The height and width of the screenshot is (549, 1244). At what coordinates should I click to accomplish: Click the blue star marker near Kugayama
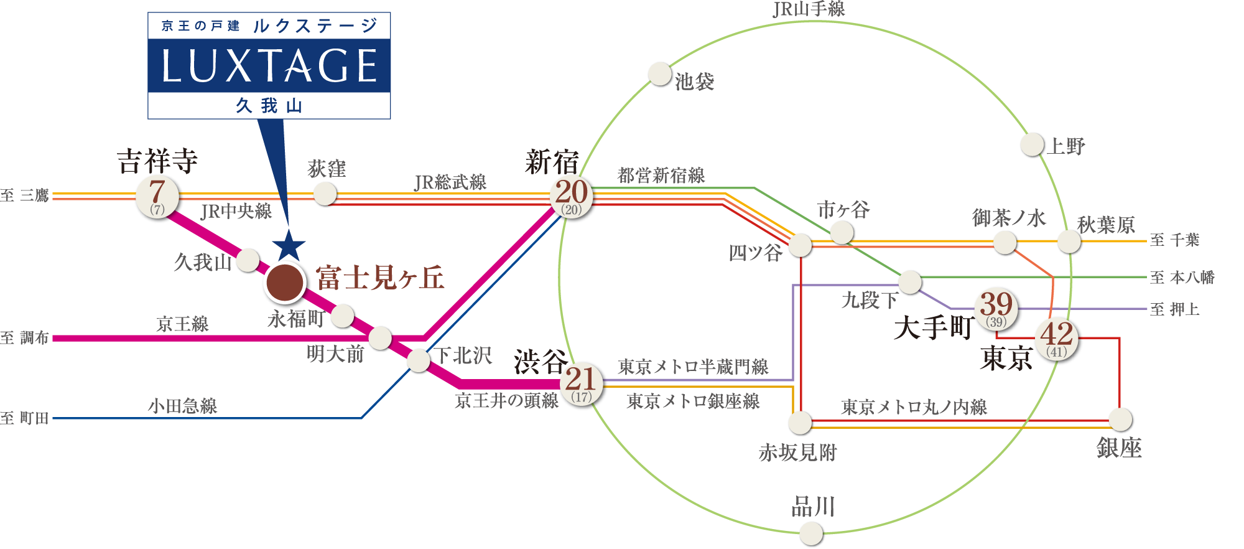point(289,245)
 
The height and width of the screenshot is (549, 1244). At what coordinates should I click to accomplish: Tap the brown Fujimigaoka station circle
point(284,282)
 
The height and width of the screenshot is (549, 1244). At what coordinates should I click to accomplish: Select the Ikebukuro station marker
point(660,74)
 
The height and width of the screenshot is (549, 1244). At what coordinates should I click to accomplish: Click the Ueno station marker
point(1033,145)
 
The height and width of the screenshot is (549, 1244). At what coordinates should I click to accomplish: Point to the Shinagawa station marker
point(811,533)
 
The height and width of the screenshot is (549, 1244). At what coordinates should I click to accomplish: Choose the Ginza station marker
point(1120,420)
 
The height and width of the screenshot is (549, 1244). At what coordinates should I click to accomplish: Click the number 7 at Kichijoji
point(157,190)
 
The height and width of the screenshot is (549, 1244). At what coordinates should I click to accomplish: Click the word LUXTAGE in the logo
point(269,66)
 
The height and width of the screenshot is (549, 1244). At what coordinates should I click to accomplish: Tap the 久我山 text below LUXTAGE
point(269,106)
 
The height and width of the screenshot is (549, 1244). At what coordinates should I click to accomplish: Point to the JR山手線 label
point(809,9)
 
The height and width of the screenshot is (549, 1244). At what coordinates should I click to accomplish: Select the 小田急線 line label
point(182,406)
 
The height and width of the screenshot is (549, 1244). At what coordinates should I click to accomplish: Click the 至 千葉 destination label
point(1174,240)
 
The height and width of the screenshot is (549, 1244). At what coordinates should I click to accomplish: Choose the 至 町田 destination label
point(25,418)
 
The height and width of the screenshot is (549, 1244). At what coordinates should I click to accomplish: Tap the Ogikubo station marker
point(325,194)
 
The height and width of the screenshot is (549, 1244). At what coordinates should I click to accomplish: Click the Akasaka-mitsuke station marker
point(800,423)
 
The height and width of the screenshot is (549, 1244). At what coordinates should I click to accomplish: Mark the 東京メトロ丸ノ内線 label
point(914,407)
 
